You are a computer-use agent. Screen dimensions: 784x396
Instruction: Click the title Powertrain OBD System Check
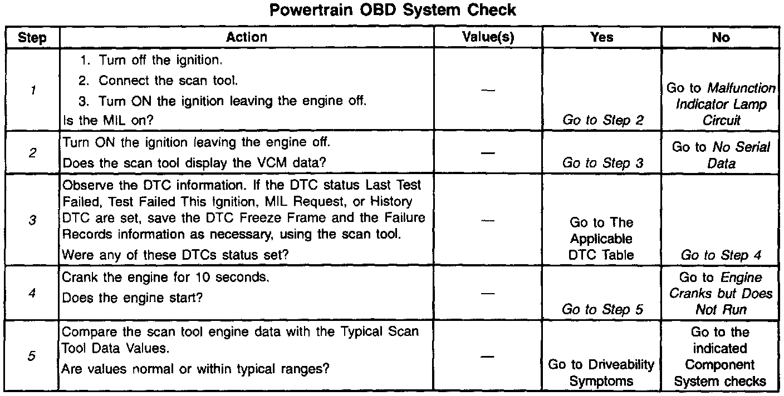tap(393, 10)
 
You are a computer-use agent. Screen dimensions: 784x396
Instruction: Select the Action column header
tap(247, 37)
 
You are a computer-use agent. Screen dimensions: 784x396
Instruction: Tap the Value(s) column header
tap(488, 37)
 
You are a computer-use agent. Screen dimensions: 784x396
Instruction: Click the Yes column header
tap(602, 37)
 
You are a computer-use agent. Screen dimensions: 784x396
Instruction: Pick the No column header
tap(721, 37)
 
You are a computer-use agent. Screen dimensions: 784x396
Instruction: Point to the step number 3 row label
tap(32, 220)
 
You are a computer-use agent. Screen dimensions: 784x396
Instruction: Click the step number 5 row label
tap(32, 356)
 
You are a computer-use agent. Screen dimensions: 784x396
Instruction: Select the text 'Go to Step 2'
tap(602, 120)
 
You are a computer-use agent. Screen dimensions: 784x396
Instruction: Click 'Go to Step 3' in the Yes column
tap(602, 163)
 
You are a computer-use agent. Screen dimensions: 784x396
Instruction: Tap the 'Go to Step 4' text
tap(721, 255)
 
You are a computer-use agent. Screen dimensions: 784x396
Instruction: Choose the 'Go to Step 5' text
tap(602, 309)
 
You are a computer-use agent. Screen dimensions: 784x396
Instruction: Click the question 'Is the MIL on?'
tap(108, 121)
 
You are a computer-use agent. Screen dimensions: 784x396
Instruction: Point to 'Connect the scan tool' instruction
tap(168, 81)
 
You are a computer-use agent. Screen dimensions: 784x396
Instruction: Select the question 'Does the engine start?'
tap(133, 298)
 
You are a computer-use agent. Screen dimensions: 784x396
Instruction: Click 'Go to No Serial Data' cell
tap(721, 155)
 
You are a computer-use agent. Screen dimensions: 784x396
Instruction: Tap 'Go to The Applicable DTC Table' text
tap(601, 239)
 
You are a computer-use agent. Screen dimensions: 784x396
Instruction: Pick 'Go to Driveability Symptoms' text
tap(601, 373)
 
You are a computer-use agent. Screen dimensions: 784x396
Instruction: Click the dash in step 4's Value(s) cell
tap(488, 294)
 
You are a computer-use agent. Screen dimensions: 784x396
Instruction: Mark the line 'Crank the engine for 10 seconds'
tap(165, 277)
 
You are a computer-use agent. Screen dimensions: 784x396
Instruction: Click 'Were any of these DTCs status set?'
tap(175, 255)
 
